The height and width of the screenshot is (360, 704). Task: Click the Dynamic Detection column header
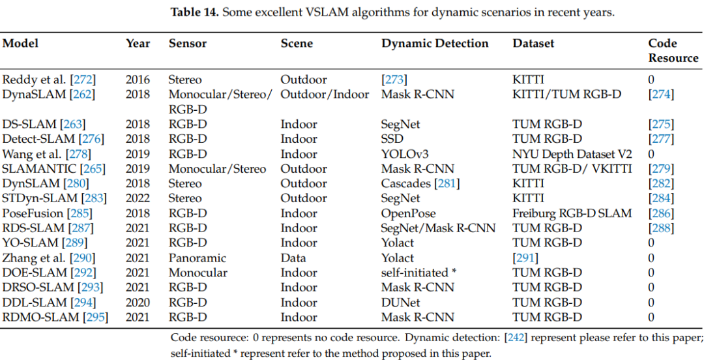(x=434, y=44)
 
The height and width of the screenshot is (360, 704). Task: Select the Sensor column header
(x=187, y=44)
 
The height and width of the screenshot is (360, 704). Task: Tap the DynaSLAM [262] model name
(x=49, y=95)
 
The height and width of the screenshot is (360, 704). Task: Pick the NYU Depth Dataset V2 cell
(x=572, y=154)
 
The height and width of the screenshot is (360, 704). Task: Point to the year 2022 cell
(x=138, y=198)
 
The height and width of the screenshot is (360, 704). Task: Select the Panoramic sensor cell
(x=197, y=258)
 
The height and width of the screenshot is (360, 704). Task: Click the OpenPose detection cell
(x=408, y=213)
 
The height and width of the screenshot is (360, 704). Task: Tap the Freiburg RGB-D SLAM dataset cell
(x=572, y=213)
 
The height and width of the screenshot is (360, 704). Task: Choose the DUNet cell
(x=400, y=303)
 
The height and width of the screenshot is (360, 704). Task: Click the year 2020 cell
(x=138, y=303)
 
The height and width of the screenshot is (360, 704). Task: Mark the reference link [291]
(x=525, y=258)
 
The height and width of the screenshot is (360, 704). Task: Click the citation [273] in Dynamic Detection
(x=394, y=80)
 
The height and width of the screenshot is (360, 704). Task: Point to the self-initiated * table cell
(x=418, y=273)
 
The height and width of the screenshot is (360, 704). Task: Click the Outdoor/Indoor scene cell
(x=325, y=95)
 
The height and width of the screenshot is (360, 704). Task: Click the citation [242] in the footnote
(x=512, y=338)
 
